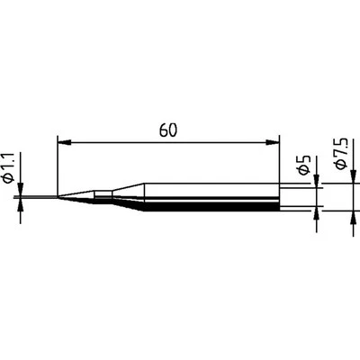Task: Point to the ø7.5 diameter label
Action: click(341, 158)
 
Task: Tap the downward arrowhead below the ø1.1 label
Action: click(20, 189)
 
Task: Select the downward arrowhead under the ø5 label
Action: click(316, 183)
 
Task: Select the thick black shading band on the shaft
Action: click(207, 207)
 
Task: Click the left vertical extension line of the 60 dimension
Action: click(57, 166)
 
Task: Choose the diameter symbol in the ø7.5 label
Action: click(341, 171)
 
